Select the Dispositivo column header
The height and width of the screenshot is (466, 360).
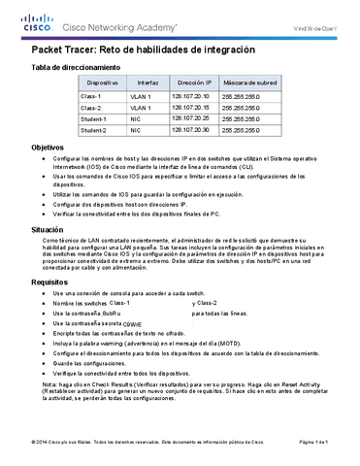click(90, 83)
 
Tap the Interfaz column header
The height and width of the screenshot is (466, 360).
click(147, 83)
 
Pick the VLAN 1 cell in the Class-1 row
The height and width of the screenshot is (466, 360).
click(141, 97)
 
